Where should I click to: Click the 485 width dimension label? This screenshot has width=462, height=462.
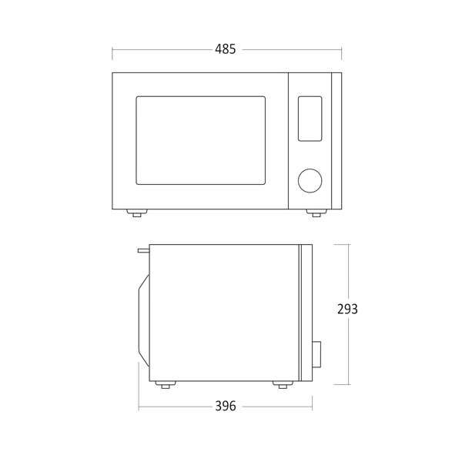(x=226, y=49)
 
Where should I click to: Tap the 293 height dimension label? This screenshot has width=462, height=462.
(x=347, y=309)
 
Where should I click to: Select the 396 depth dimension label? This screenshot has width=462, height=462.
(x=226, y=406)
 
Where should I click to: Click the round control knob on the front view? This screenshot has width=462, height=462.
(x=310, y=181)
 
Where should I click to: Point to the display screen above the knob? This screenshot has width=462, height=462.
(x=310, y=119)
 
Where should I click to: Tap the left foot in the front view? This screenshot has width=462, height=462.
(x=137, y=213)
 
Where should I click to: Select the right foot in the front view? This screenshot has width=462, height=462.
(x=316, y=213)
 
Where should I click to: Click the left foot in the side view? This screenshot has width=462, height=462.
(x=166, y=384)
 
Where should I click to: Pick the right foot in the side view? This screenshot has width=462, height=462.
(x=283, y=384)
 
